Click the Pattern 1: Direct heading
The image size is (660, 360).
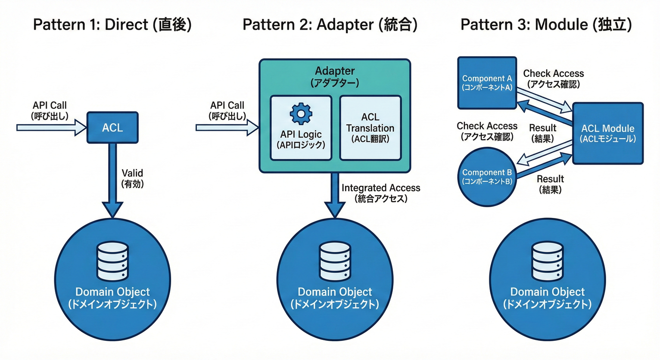coord(112,24)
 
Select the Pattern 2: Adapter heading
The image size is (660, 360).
coord(330,24)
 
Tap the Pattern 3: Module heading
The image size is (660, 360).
coord(546,24)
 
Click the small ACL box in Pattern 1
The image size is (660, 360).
coord(112,127)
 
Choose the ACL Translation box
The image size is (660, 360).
coord(370,127)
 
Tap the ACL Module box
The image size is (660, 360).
coord(607,133)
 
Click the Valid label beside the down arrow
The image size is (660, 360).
coord(133,179)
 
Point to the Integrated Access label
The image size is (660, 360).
coord(381,193)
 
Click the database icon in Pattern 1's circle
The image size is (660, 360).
coord(112,262)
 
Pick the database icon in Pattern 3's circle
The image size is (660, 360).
coord(547,262)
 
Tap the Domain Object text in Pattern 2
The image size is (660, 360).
coord(335,292)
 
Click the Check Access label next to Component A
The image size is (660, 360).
coord(553,78)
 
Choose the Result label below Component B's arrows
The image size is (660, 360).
coord(550,184)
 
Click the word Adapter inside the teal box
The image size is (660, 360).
coord(335,71)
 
